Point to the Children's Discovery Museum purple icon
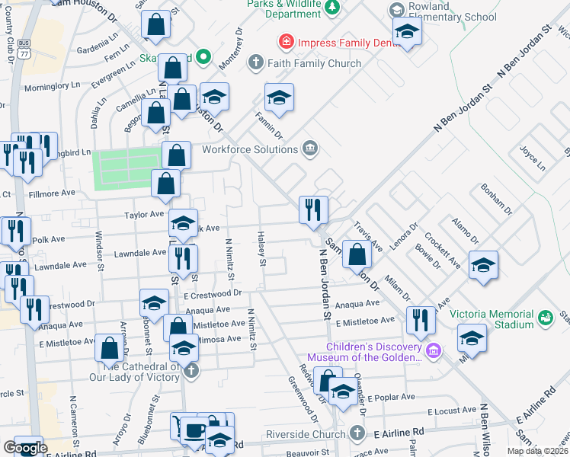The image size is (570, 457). click(x=434, y=350)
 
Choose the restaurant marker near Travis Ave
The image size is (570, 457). click(x=313, y=209)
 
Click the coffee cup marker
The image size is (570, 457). click(x=191, y=430)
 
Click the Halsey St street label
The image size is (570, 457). click(x=261, y=249)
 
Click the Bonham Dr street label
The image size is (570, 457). click(x=495, y=200)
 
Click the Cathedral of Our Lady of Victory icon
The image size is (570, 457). click(x=192, y=371)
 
